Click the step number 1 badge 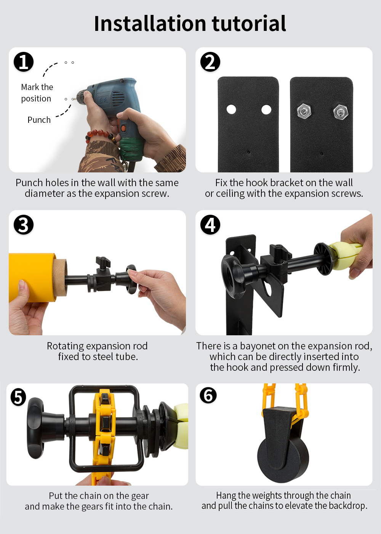coord(24,62)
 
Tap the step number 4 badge coord(210,225)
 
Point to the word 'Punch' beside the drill coord(39,120)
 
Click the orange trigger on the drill coord(123,128)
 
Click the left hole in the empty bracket coord(231,109)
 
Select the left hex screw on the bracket coord(304,111)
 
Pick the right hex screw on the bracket coord(341,111)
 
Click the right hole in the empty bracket coord(266,109)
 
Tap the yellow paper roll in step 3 coord(34,278)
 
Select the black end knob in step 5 coord(36,428)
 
